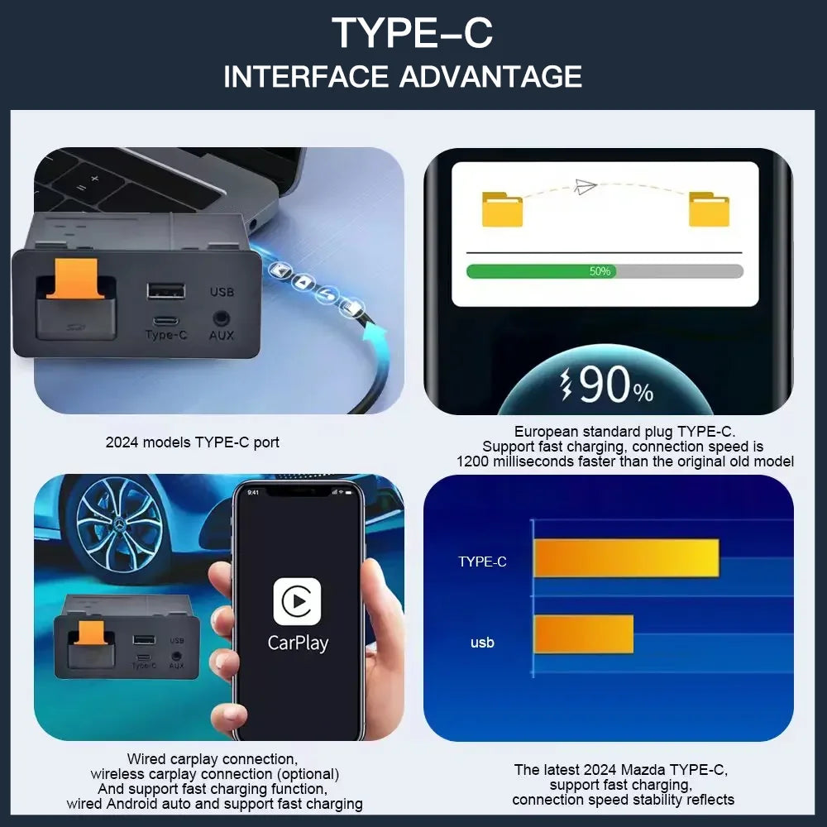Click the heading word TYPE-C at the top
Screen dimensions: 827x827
pyautogui.click(x=413, y=33)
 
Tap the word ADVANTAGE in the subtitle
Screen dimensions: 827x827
pyautogui.click(x=490, y=76)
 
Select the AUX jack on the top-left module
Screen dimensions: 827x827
pyautogui.click(x=221, y=317)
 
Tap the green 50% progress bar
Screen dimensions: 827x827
pyautogui.click(x=541, y=271)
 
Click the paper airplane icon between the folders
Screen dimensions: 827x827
pyautogui.click(x=586, y=186)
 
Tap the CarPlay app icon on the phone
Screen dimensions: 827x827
pyautogui.click(x=297, y=601)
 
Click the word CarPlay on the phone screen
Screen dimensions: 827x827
pyautogui.click(x=298, y=643)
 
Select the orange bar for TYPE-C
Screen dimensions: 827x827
pyautogui.click(x=626, y=558)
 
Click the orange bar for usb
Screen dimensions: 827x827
pyautogui.click(x=583, y=634)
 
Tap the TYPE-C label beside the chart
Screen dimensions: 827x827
pyautogui.click(x=482, y=562)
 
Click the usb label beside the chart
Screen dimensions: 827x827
pyautogui.click(x=482, y=642)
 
